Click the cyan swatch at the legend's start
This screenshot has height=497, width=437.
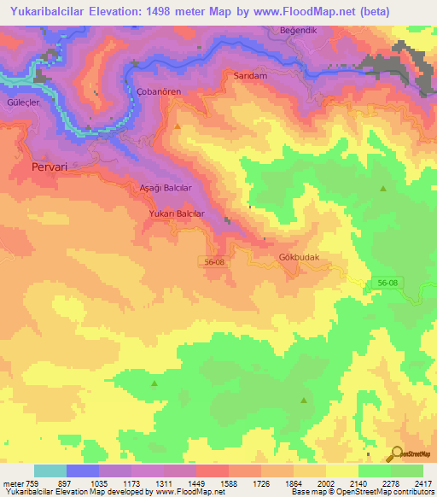pyautogui.click(x=50, y=471)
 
